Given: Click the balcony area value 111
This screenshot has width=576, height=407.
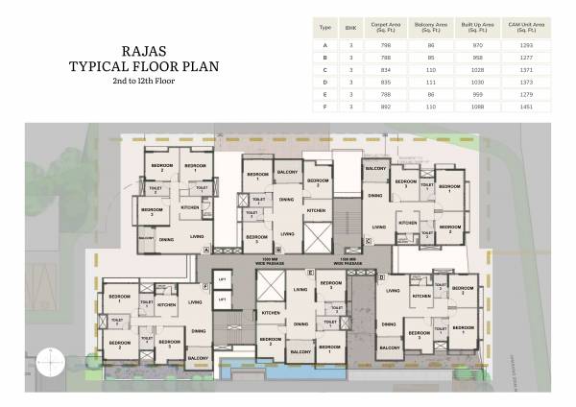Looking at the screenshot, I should [427, 83].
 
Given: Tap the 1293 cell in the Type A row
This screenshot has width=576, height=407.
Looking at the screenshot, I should [531, 47].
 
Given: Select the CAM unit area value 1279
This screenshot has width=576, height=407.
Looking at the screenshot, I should [531, 93].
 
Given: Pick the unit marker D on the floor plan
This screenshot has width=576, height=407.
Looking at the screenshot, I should [381, 277].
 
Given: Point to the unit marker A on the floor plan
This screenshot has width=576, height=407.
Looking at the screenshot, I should [206, 249].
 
